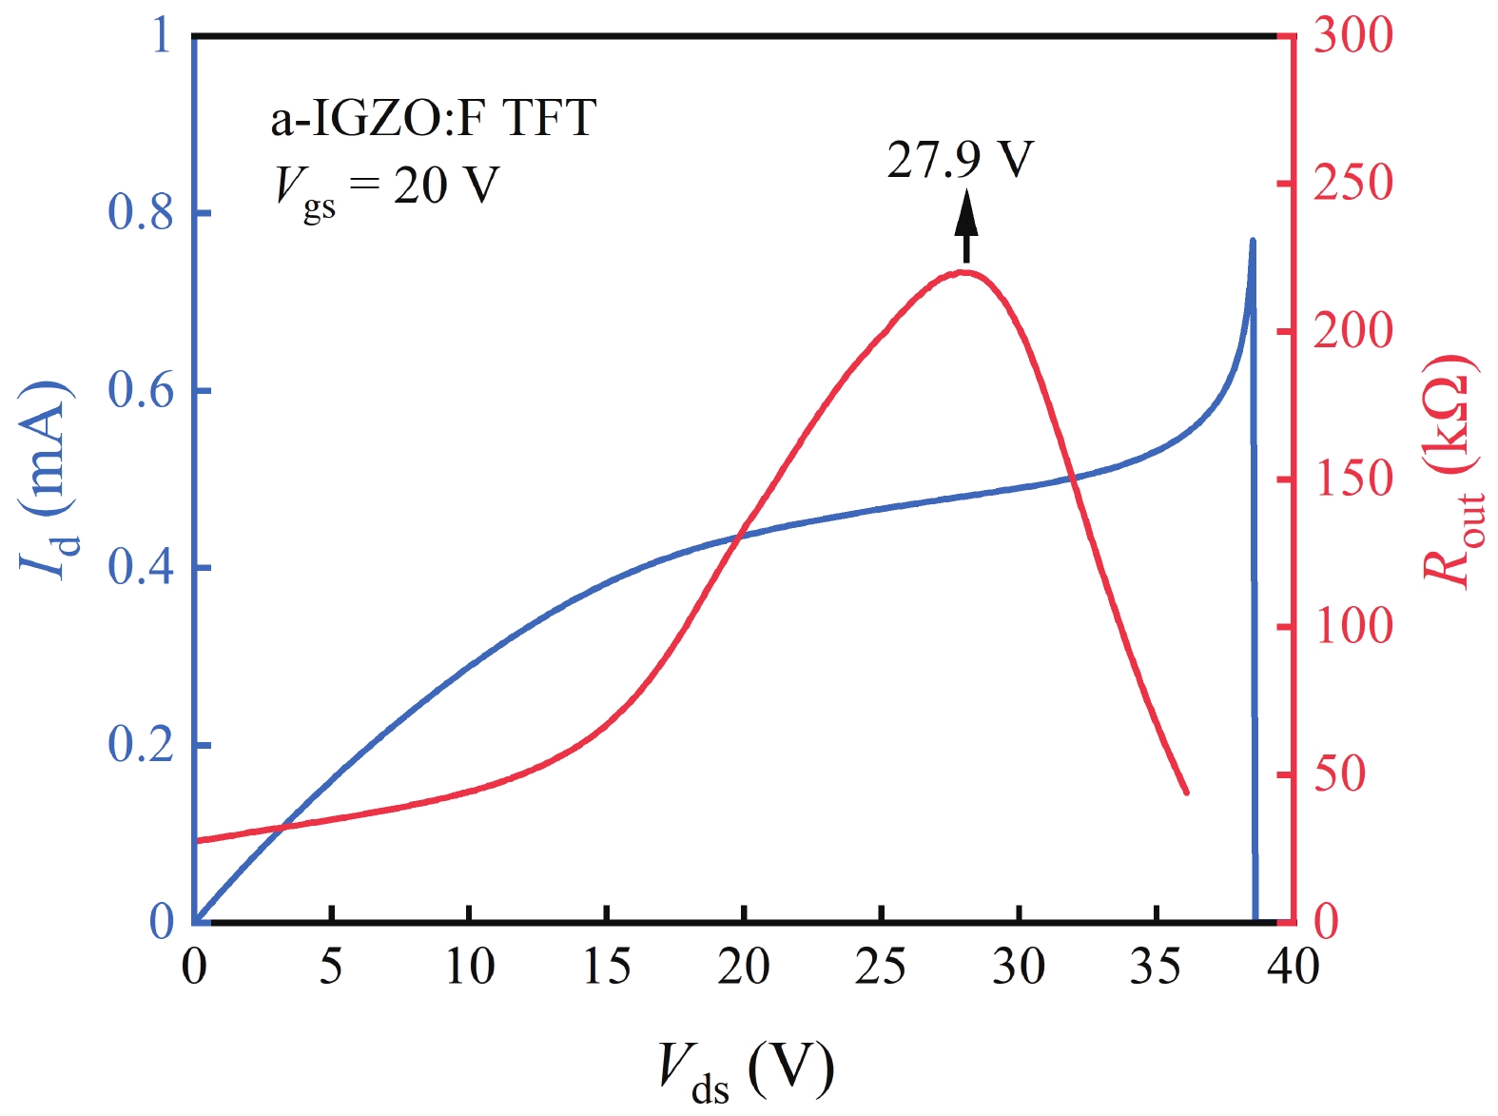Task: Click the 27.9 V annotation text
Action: pos(959,160)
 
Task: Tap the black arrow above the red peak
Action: pos(966,224)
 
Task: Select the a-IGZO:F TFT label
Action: pos(433,119)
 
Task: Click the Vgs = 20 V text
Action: pos(386,187)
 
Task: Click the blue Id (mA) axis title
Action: pos(46,480)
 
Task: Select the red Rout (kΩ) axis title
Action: pos(1449,470)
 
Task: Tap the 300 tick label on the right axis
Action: pos(1352,36)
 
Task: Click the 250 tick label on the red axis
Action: pos(1352,183)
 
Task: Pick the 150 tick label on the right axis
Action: pos(1352,479)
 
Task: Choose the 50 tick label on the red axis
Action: pos(1339,774)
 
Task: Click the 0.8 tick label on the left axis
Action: pos(141,213)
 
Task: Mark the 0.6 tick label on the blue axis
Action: pos(141,390)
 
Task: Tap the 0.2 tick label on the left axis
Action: pos(141,745)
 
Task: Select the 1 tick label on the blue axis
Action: pos(161,36)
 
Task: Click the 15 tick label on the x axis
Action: pos(606,968)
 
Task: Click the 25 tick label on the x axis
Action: pos(881,968)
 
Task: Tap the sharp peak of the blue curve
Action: pos(1252,242)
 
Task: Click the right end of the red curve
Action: pos(1186,792)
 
